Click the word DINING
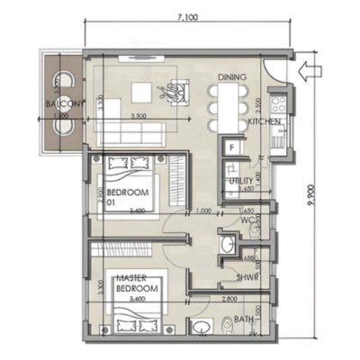232,76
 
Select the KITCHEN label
264,121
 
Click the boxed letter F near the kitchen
231,146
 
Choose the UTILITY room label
241,180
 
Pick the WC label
250,219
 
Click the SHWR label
248,277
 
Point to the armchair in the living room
173,90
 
